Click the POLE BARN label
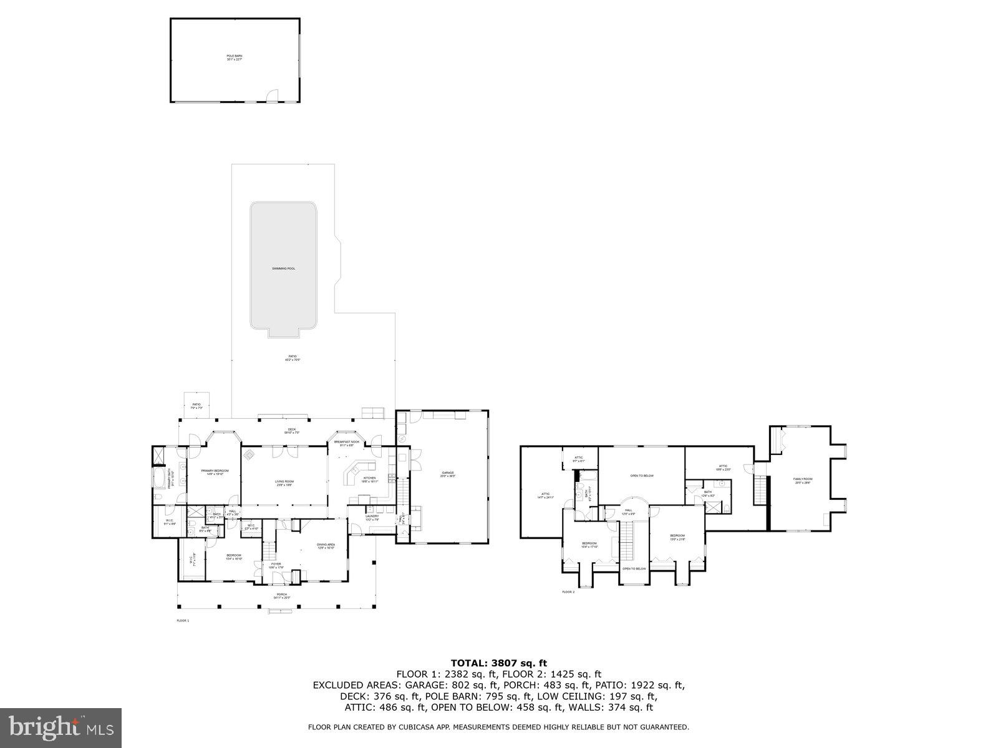click(234, 57)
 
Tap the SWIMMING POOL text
click(283, 269)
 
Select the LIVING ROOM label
click(284, 482)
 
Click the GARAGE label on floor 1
click(448, 473)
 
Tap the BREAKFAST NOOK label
click(346, 443)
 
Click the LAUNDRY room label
click(372, 517)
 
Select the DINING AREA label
click(326, 545)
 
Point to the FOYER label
click(276, 565)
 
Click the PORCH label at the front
click(282, 595)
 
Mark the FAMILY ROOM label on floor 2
click(803, 480)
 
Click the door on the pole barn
click(272, 96)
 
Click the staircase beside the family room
click(759, 490)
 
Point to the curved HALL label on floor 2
click(628, 511)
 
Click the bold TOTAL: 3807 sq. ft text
click(498, 663)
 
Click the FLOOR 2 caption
click(568, 592)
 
